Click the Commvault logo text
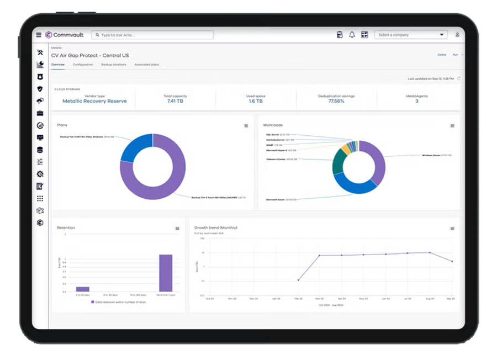[68, 35]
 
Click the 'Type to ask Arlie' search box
[153, 35]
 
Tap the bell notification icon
[352, 35]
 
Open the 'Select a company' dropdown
[411, 35]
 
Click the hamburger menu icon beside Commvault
[39, 35]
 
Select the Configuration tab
[83, 65]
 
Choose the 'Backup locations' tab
[114, 65]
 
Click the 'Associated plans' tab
[147, 65]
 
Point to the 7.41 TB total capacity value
[175, 102]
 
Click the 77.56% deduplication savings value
[336, 102]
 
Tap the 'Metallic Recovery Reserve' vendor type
[94, 102]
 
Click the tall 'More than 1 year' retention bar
[166, 273]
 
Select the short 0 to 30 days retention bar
[83, 289]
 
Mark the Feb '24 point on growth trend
[298, 280]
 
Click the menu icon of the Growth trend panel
[452, 229]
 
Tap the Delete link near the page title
[442, 55]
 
